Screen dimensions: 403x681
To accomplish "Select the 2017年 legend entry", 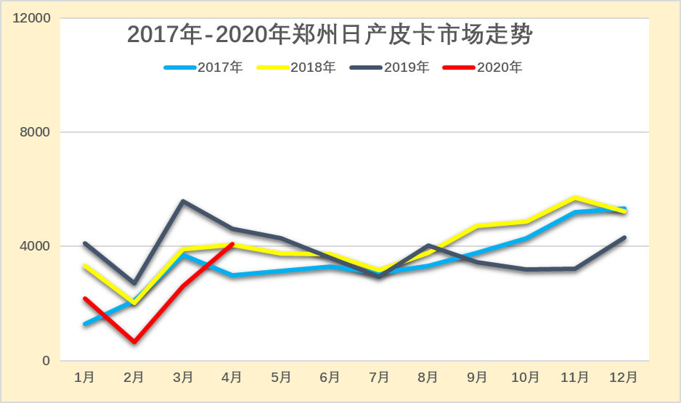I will click(203, 68).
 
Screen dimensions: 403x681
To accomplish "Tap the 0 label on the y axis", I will click(46, 360).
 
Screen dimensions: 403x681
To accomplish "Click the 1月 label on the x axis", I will click(85, 378).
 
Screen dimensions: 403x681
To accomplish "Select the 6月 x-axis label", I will click(330, 378).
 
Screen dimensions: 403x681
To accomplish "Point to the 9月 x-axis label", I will click(477, 378).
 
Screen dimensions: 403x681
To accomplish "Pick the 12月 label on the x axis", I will click(624, 378).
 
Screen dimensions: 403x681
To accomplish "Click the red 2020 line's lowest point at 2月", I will click(134, 341).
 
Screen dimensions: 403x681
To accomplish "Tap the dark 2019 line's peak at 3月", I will click(183, 201).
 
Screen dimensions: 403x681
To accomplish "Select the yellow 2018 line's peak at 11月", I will click(575, 198).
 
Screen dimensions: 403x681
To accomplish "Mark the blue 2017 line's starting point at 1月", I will click(85, 324).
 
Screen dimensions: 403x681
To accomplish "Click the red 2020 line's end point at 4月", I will click(232, 244).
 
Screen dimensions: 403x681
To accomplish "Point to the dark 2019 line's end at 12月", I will click(624, 237).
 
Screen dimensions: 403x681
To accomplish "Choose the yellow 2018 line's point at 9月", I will click(477, 227).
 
